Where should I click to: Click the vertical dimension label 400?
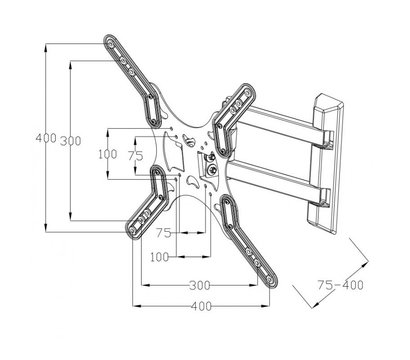click(x=46, y=138)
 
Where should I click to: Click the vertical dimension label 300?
click(x=71, y=141)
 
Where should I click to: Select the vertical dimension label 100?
click(x=108, y=154)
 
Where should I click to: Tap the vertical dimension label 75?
click(x=136, y=155)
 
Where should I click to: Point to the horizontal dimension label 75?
click(x=164, y=233)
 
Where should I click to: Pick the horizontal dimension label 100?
click(x=160, y=257)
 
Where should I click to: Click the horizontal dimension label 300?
click(x=200, y=285)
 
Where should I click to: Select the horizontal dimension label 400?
click(x=201, y=306)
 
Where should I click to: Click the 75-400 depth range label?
click(x=340, y=285)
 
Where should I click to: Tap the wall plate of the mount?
click(x=325, y=163)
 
